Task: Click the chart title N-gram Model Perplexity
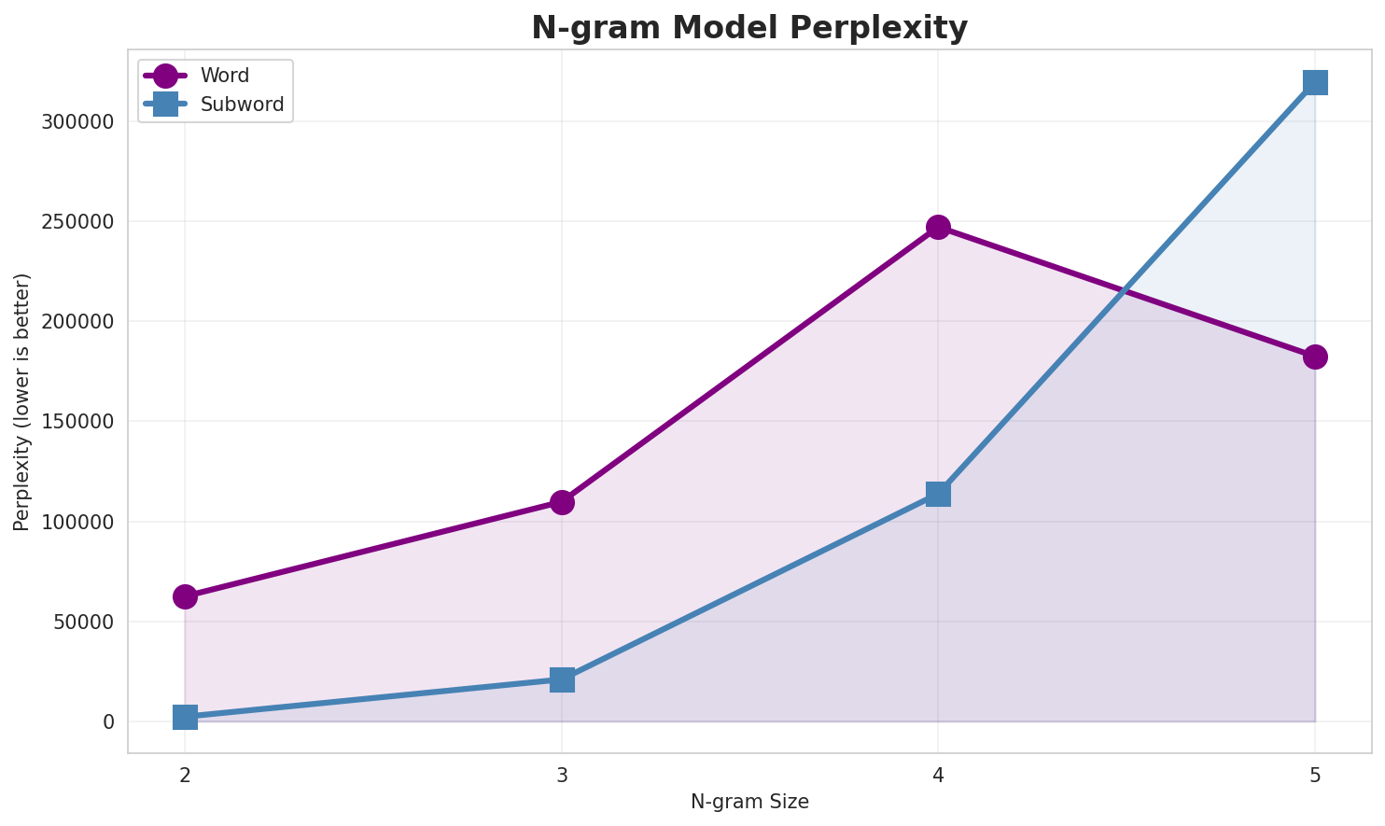pos(749,28)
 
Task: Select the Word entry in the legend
pos(224,76)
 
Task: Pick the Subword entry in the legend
pos(242,105)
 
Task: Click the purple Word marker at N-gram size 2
pos(185,596)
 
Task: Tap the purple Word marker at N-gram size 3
pos(562,502)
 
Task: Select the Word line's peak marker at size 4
pos(938,227)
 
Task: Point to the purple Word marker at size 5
pos(1315,357)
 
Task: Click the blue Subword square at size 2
pos(185,717)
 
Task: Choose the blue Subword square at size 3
pos(562,679)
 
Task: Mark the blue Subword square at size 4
pos(938,494)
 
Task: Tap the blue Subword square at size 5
pos(1315,82)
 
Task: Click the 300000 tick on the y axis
pos(78,122)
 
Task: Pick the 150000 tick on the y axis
pos(78,422)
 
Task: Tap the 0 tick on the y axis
pos(108,722)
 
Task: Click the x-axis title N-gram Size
pos(749,802)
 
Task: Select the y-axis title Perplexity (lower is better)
pos(22,402)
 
